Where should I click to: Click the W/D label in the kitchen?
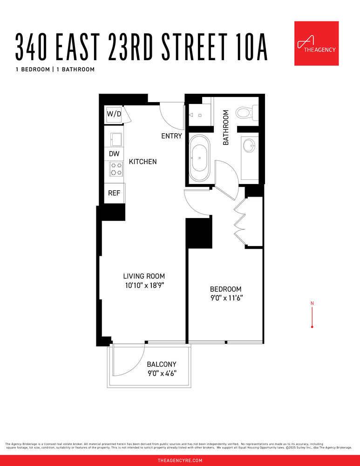114,114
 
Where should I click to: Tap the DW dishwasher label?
114,153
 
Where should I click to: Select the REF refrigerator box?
114,193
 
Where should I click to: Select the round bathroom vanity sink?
250,145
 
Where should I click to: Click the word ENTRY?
171,136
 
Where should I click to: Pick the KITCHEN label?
143,162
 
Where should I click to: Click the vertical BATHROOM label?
226,127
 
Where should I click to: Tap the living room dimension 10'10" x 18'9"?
144,286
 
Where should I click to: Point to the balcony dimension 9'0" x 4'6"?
161,373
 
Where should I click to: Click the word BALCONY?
162,364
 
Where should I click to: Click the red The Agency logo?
316,43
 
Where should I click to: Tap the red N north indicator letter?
312,304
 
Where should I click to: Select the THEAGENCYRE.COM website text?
180,460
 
